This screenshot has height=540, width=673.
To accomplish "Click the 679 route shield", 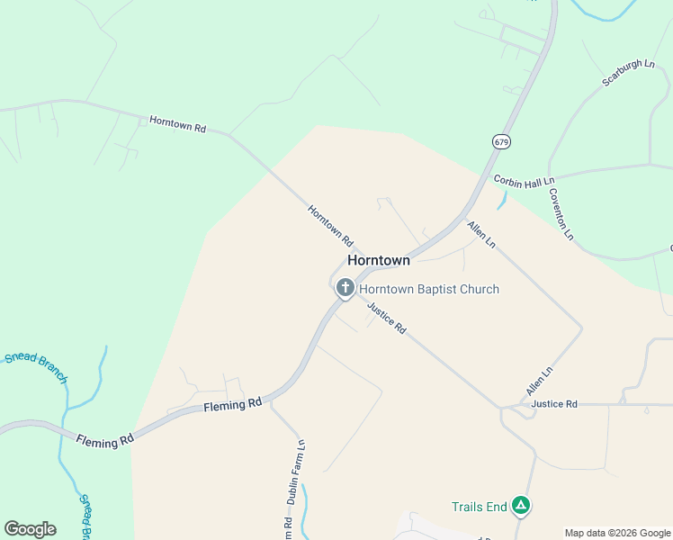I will point(501,141).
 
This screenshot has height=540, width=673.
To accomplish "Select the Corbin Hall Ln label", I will point(523,181).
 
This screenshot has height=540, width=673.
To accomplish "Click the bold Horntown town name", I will point(378,260).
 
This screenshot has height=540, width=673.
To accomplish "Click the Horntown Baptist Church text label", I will point(429,289).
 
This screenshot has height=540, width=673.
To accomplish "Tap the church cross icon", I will point(345,288).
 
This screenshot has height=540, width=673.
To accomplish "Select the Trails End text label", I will point(480,507).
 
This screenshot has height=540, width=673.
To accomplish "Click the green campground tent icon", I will point(520,507).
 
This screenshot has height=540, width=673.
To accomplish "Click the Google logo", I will point(30,529).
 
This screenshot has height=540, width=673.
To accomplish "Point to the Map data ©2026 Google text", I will point(617,533).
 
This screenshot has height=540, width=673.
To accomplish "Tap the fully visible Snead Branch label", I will point(37,368).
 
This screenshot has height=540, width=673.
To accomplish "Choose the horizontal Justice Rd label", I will point(553,404).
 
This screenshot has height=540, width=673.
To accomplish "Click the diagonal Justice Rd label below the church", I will point(387,317).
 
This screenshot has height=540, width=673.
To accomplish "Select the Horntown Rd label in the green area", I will point(177,125).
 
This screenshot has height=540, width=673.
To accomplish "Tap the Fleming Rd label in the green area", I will point(104,441).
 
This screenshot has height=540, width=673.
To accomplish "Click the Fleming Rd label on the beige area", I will point(231,406).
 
